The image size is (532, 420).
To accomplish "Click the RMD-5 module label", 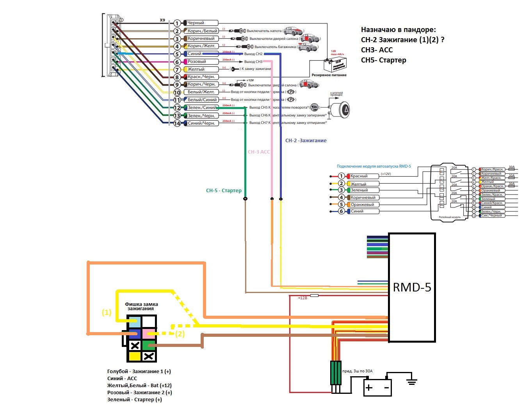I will pyautogui.click(x=412, y=287).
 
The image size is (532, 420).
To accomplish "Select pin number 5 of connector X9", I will pyautogui.click(x=177, y=54).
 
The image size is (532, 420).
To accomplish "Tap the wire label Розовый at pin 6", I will pyautogui.click(x=197, y=61).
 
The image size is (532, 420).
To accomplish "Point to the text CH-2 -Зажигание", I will pyautogui.click(x=306, y=141).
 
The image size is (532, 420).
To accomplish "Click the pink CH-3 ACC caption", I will pyautogui.click(x=259, y=152).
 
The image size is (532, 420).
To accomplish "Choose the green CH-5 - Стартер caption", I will pyautogui.click(x=224, y=191).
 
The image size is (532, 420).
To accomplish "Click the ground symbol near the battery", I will pyautogui.click(x=411, y=381).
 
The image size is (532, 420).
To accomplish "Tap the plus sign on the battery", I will pyautogui.click(x=369, y=388).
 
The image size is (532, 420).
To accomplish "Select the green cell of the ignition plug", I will pyautogui.click(x=149, y=345).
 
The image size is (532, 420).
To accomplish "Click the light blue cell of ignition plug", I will pyautogui.click(x=135, y=322).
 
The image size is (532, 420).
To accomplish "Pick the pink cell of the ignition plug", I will pyautogui.click(x=149, y=334).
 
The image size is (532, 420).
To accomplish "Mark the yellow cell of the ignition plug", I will pyautogui.click(x=135, y=356).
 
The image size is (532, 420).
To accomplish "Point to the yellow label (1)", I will pyautogui.click(x=107, y=313).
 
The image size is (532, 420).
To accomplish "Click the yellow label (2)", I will pyautogui.click(x=180, y=334).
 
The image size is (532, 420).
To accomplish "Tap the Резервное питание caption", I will pyautogui.click(x=329, y=75).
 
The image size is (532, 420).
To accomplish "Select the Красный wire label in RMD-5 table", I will pyautogui.click(x=359, y=176).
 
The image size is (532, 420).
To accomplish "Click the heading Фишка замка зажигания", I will pyautogui.click(x=141, y=306).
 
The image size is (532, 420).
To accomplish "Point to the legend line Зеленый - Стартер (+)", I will pyautogui.click(x=134, y=400).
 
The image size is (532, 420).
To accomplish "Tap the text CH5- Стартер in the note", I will pyautogui.click(x=383, y=60).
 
